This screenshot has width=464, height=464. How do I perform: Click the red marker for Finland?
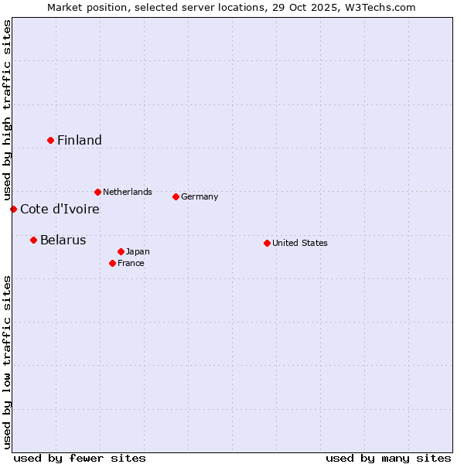coord(51,140)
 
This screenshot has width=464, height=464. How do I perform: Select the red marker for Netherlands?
coord(97,192)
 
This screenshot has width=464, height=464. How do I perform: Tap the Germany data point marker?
coord(176,196)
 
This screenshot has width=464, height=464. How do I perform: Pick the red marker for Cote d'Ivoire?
coord(13,209)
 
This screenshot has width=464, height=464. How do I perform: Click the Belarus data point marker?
coord(33,240)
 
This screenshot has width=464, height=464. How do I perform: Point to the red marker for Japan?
coord(121,251)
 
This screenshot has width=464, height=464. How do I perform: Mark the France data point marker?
coord(112,263)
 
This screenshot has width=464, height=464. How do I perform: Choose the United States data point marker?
coord(267,243)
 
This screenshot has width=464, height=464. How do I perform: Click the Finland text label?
coord(80,140)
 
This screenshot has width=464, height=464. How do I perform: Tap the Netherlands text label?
coord(128,192)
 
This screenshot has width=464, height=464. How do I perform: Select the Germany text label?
coord(200,196)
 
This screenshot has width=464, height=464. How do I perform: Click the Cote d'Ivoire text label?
coord(60,209)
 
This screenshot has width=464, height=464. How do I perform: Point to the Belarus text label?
coord(63,240)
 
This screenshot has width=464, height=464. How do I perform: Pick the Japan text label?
coord(138,251)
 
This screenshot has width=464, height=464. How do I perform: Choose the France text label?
coord(131,263)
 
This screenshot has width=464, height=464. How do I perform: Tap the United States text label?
coord(300,243)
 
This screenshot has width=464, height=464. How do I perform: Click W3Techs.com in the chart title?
coord(380,7)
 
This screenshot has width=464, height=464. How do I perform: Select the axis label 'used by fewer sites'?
coord(80,458)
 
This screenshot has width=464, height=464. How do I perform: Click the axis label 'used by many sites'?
coord(388,458)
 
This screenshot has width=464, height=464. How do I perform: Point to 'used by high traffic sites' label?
coord(7,110)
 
